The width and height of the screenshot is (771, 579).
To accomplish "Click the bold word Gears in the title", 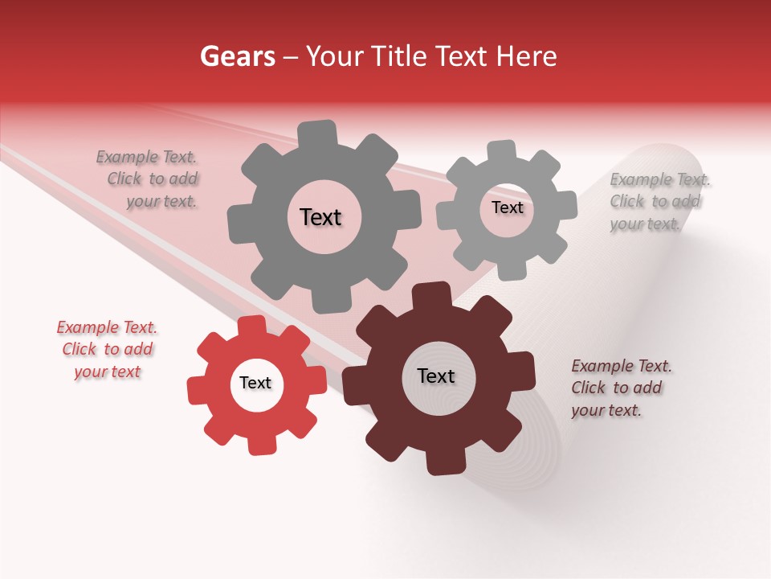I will (237, 56).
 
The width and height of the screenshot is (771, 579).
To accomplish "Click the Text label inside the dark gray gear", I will (321, 217).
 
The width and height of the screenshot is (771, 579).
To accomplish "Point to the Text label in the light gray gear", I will (508, 207).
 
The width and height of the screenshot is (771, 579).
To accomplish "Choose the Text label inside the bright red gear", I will (255, 384).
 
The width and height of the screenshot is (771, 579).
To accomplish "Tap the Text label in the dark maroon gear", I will (436, 376).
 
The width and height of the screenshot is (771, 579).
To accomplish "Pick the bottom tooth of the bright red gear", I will (260, 444).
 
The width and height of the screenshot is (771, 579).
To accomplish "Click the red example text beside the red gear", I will (107, 349).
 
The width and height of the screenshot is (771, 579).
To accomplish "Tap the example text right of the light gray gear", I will (658, 202).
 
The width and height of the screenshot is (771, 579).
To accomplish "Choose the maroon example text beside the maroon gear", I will (620, 388).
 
